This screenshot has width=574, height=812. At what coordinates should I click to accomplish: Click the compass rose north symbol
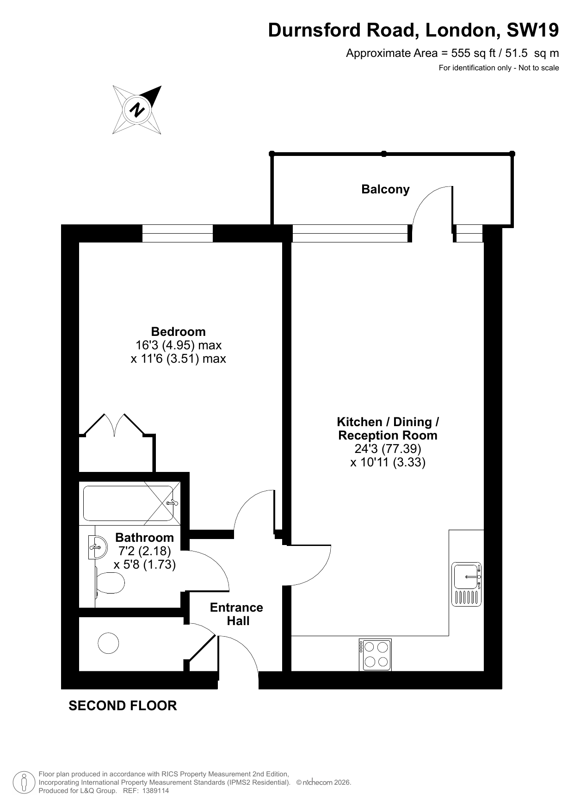click(137, 110)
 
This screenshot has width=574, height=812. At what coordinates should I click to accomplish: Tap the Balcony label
click(385, 189)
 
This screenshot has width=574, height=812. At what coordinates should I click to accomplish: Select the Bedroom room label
click(178, 331)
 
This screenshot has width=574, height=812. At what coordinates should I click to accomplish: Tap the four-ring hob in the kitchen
click(375, 655)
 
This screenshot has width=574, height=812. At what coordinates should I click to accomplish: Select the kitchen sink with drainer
click(466, 584)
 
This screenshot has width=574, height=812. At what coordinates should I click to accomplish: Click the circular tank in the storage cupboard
click(108, 643)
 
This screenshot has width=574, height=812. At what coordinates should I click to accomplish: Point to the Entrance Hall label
click(237, 614)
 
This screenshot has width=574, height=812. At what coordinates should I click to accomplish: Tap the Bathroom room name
click(144, 537)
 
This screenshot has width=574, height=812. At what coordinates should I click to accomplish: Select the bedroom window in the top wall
click(178, 233)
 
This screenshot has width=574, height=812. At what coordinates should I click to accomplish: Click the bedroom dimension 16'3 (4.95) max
click(179, 345)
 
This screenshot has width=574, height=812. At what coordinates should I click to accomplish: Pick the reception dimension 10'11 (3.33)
click(388, 462)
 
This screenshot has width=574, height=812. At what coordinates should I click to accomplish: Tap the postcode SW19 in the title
click(532, 30)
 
